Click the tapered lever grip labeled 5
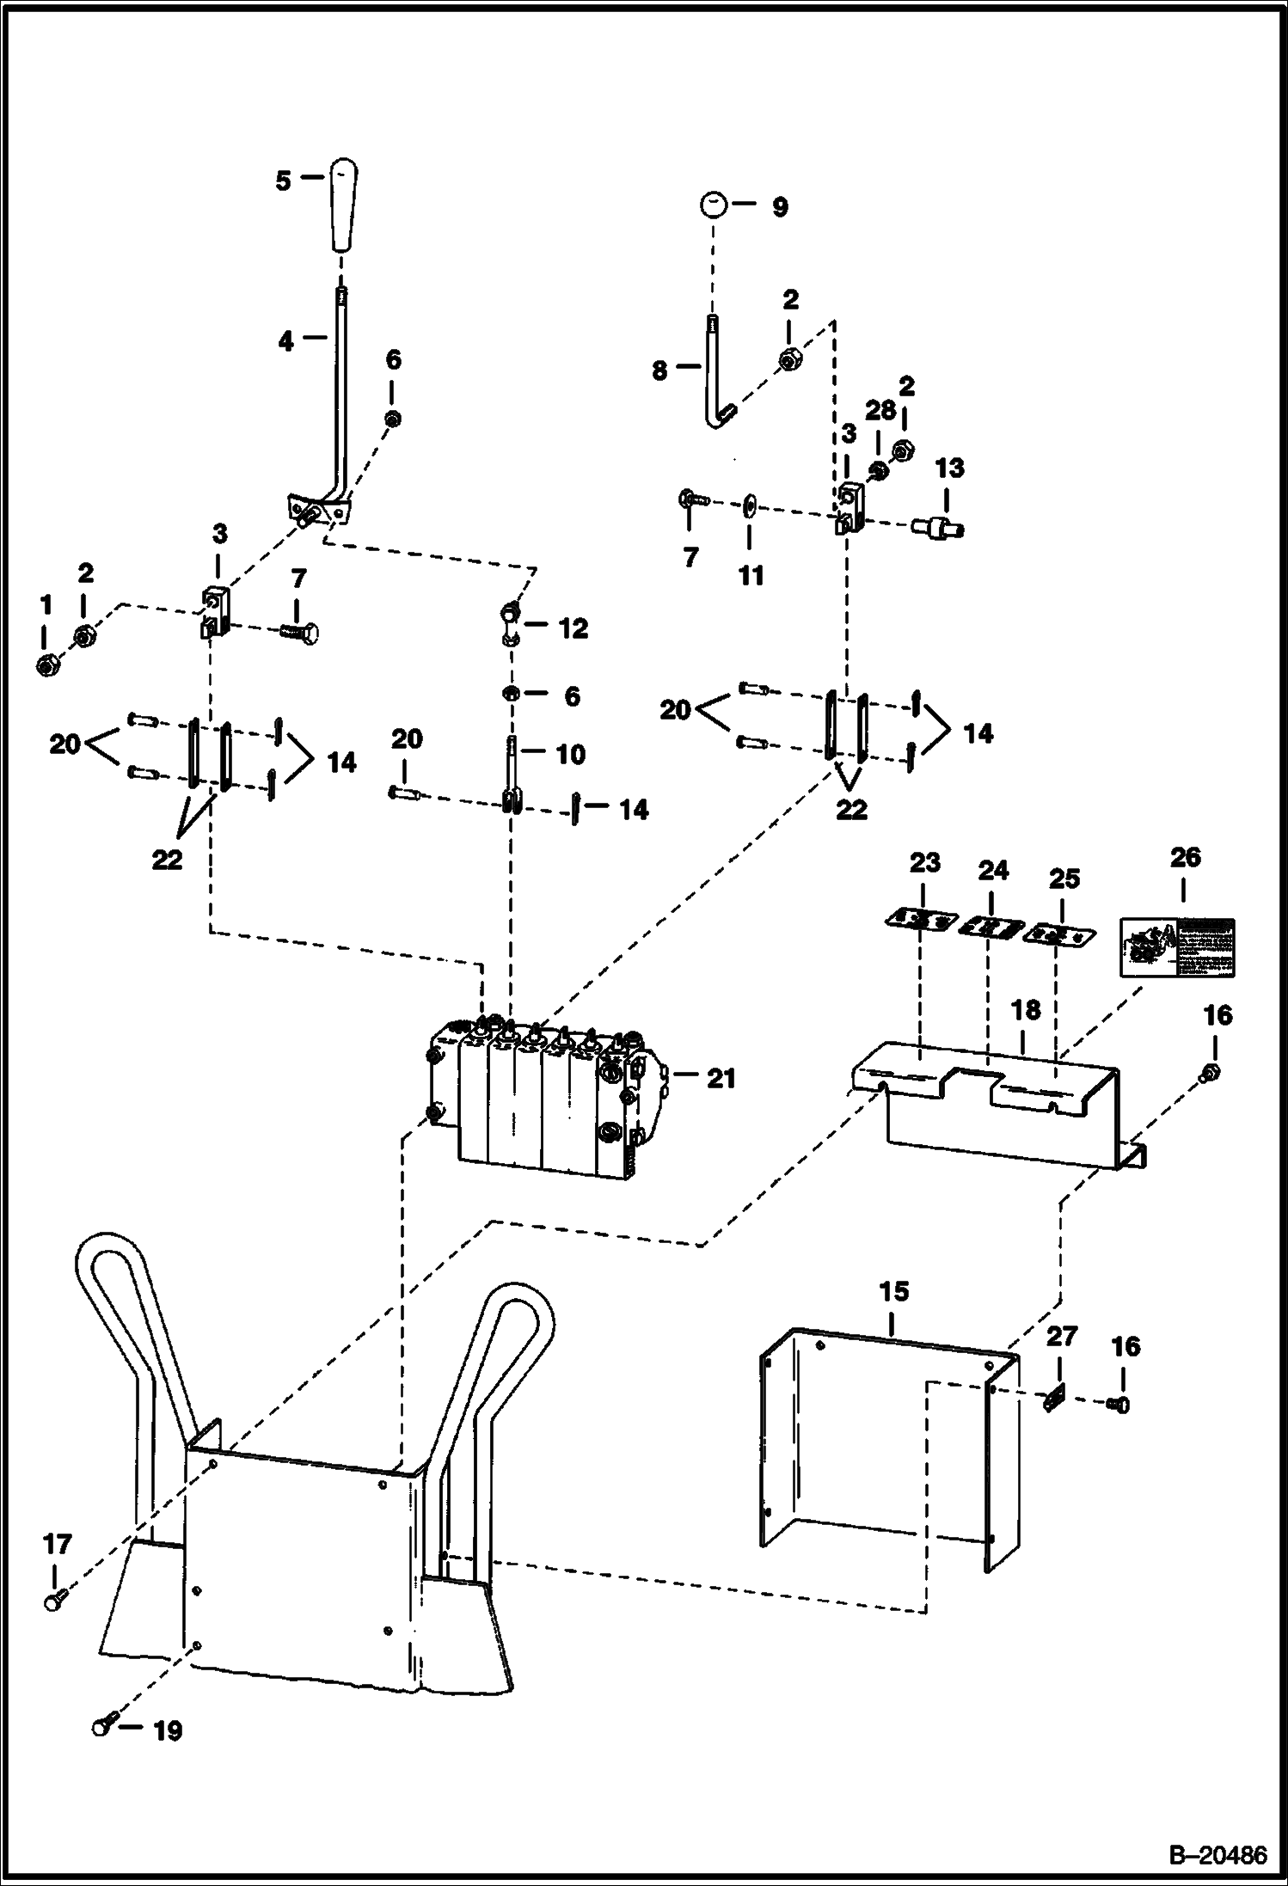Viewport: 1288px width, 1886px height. [341, 204]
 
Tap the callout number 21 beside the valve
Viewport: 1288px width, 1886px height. [721, 1078]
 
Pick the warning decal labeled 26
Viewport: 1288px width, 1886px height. [1177, 946]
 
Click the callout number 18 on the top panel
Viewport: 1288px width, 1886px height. [1026, 1010]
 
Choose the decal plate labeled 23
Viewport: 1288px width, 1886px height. [921, 921]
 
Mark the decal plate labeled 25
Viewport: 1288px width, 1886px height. [1059, 935]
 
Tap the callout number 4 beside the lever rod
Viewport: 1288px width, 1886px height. [286, 341]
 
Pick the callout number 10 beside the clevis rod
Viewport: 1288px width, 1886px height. [571, 754]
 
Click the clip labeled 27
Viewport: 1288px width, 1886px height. [1055, 1403]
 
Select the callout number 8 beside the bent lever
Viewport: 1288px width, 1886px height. [659, 371]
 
